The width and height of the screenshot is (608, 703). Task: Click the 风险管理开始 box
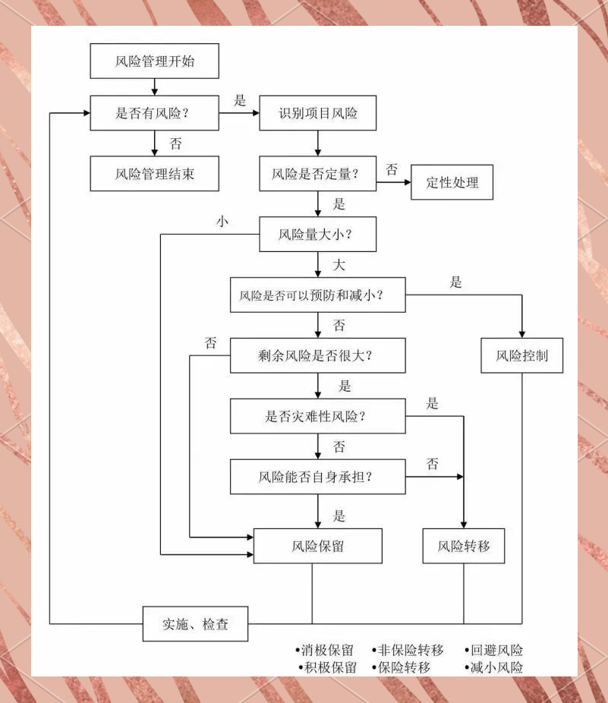pyautogui.click(x=154, y=61)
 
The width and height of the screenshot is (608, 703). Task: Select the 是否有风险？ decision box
pyautogui.click(x=154, y=114)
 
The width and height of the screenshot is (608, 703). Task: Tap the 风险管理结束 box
pyautogui.click(x=154, y=173)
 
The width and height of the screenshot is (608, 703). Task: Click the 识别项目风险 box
pyautogui.click(x=317, y=114)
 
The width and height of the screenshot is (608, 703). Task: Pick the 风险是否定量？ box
pyautogui.click(x=317, y=175)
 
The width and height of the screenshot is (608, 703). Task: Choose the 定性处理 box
pyautogui.click(x=452, y=182)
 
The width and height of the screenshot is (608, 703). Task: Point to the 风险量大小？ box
pyautogui.click(x=317, y=235)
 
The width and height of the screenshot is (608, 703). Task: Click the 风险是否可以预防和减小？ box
pyautogui.click(x=317, y=295)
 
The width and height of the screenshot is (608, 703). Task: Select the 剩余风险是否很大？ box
pyautogui.click(x=317, y=355)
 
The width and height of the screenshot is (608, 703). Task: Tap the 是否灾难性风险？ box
pyautogui.click(x=317, y=416)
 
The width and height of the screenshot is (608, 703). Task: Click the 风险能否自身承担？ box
pyautogui.click(x=317, y=477)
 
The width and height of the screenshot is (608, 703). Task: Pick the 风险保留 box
pyautogui.click(x=317, y=546)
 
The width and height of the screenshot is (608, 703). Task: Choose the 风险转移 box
pyautogui.click(x=463, y=546)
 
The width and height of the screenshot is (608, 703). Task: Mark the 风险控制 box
pyautogui.click(x=521, y=355)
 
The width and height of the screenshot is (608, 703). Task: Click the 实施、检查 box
pyautogui.click(x=195, y=625)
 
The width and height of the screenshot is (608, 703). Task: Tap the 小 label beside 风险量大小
pyautogui.click(x=222, y=222)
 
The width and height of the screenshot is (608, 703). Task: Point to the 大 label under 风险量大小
pyautogui.click(x=339, y=265)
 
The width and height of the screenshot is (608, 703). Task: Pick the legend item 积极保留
pyautogui.click(x=329, y=668)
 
